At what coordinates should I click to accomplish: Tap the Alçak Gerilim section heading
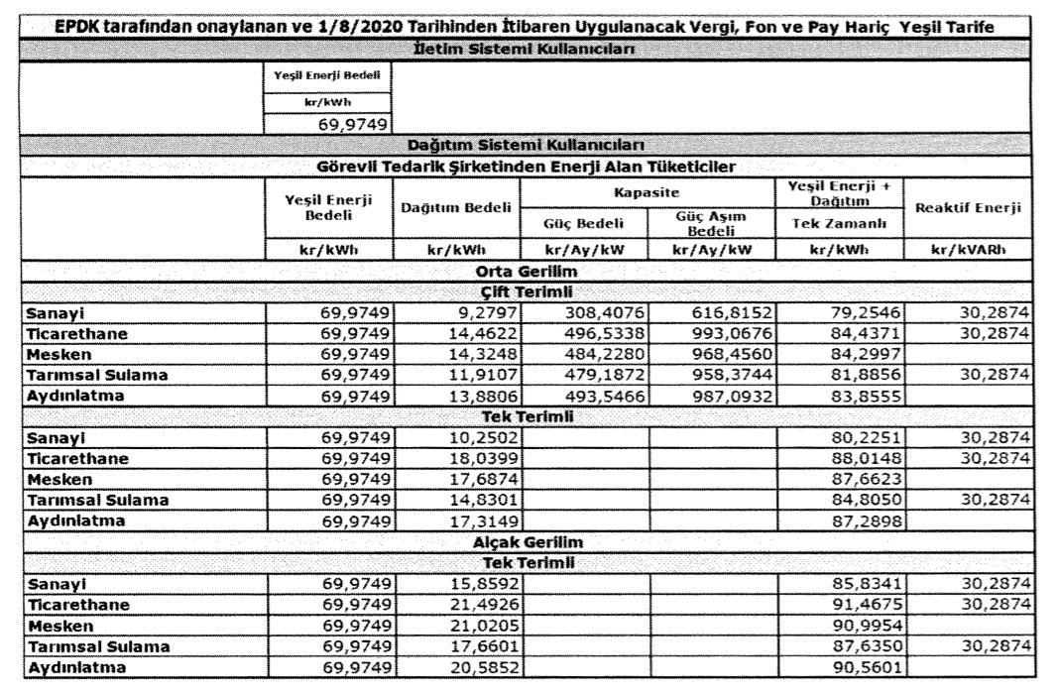(x=523, y=544)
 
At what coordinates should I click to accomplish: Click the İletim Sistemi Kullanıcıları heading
(x=523, y=50)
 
